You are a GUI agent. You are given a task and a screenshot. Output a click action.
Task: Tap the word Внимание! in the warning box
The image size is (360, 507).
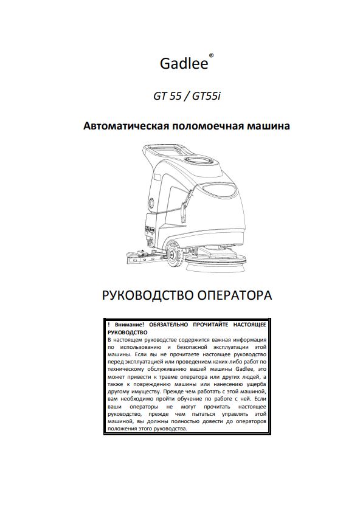click(123, 326)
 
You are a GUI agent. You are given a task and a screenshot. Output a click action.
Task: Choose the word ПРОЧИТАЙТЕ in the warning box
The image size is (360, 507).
click(208, 326)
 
